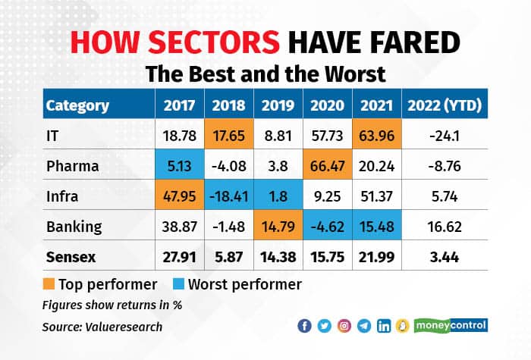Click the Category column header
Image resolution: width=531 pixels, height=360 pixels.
77,105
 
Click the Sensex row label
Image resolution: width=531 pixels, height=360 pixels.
72,257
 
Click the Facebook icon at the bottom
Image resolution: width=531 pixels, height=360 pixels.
305,326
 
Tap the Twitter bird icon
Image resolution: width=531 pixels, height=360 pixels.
324,326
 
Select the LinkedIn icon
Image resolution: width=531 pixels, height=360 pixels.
384,326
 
